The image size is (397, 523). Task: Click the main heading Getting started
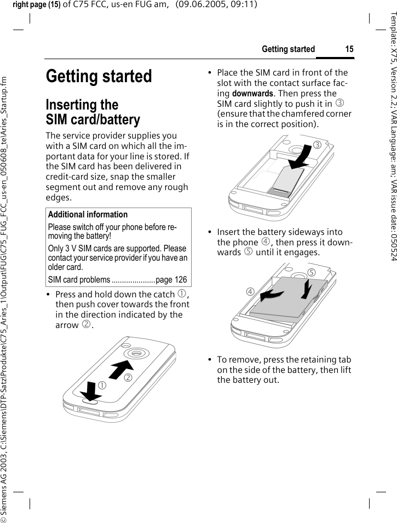(99, 76)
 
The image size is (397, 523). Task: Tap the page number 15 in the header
(349, 49)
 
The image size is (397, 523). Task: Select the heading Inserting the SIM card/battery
(93, 112)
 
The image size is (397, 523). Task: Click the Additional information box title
(88, 215)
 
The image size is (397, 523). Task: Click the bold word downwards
(254, 93)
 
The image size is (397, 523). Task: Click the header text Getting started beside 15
(288, 49)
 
